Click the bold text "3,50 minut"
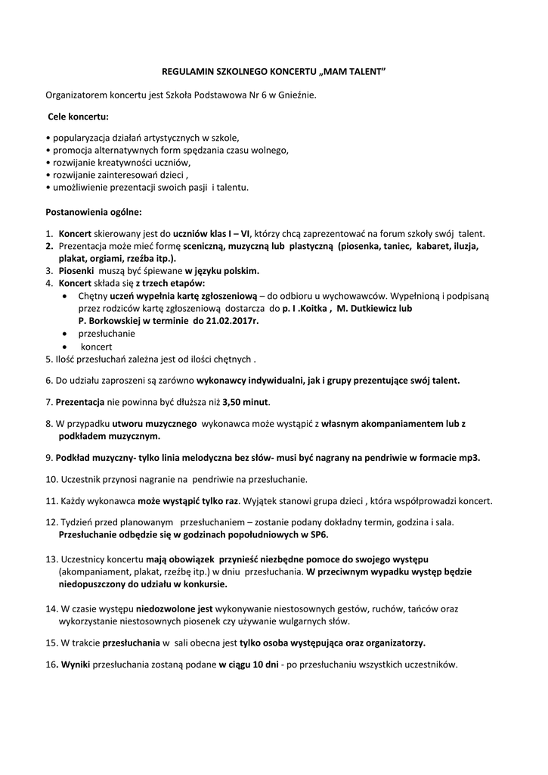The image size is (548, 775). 245,400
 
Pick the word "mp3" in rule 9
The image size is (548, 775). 469,458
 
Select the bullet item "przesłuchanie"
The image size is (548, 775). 107,333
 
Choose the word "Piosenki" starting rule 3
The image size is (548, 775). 77,270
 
